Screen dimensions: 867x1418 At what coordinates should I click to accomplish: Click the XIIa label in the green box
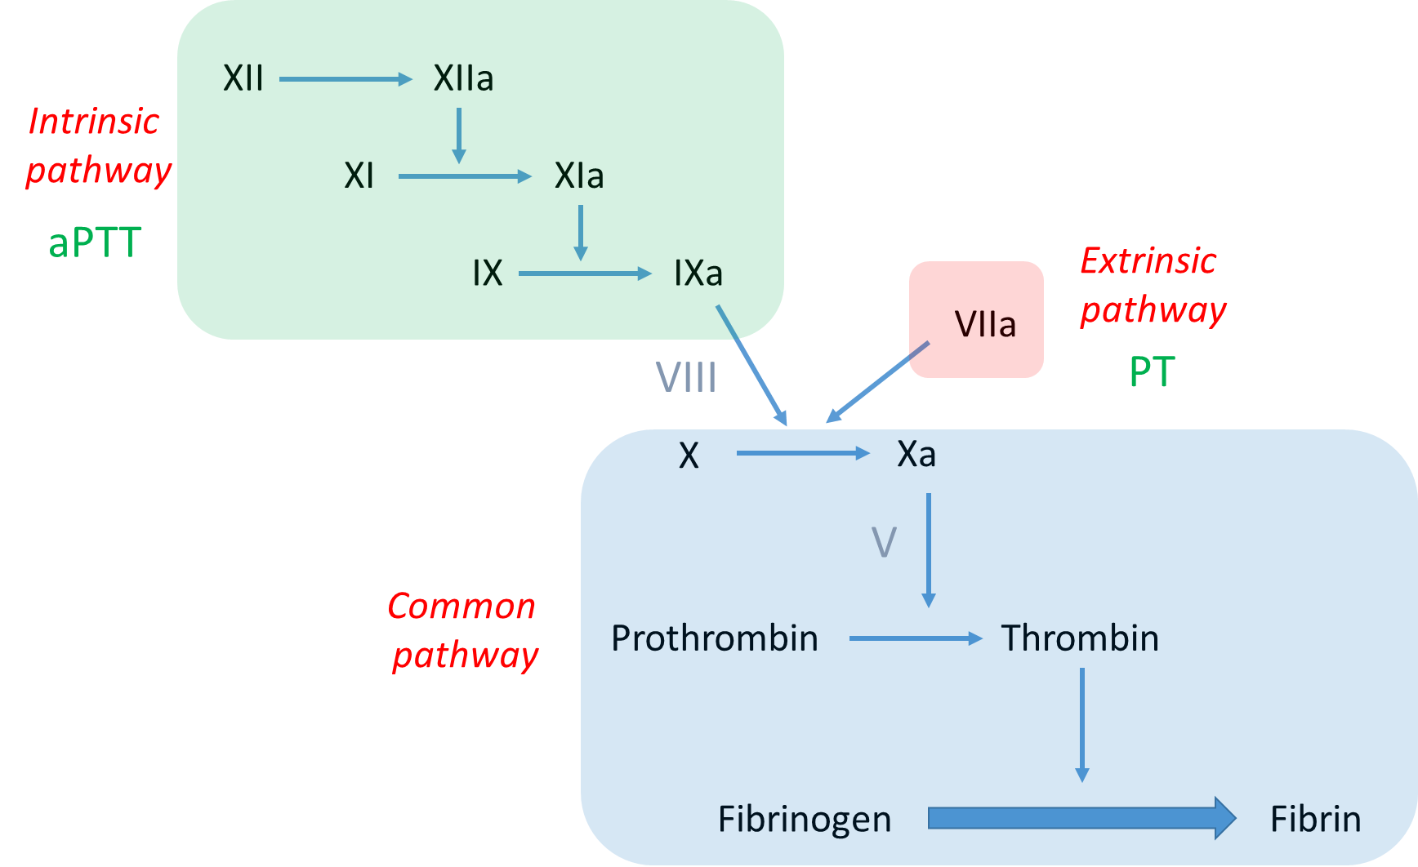click(x=463, y=78)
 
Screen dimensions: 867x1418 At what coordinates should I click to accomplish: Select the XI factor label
click(x=359, y=176)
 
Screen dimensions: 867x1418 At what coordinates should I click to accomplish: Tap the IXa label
click(x=698, y=273)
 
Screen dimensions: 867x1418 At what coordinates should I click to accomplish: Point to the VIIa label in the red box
click(x=985, y=325)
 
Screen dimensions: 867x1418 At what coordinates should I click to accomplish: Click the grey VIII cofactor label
click(x=686, y=377)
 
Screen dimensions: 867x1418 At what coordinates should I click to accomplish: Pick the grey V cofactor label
click(x=884, y=542)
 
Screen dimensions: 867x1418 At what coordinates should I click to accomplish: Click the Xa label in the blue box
click(x=916, y=454)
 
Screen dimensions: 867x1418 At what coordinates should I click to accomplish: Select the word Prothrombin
click(x=715, y=638)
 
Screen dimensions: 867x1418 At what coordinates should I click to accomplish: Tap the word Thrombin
click(x=1080, y=638)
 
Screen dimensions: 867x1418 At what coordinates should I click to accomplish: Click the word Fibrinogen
click(x=805, y=820)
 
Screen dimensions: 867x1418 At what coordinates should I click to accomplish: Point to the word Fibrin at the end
click(x=1315, y=820)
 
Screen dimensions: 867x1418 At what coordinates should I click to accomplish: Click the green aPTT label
click(x=95, y=243)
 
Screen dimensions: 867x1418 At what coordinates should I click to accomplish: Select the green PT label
click(x=1152, y=372)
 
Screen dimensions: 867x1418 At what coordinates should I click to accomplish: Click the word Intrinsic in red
click(x=94, y=122)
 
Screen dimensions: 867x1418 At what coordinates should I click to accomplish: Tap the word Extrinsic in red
click(x=1148, y=261)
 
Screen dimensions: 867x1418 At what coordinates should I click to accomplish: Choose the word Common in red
click(x=462, y=607)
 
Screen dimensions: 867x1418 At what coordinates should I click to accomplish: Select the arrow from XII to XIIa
click(x=346, y=79)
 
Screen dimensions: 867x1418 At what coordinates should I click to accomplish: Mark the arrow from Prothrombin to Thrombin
click(x=915, y=638)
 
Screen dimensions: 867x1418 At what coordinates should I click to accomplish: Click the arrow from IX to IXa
click(x=585, y=273)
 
